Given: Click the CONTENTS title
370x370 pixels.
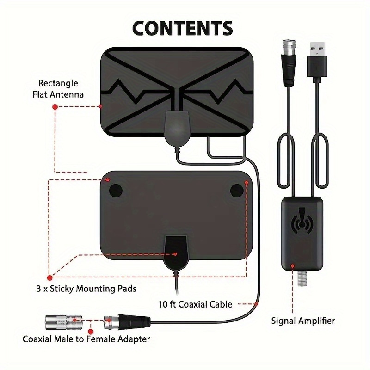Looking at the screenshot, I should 183,28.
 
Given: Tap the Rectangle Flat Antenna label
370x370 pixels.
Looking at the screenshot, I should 58,89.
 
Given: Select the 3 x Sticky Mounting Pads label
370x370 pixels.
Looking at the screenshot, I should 86,289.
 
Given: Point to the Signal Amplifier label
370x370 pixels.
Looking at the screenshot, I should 303,320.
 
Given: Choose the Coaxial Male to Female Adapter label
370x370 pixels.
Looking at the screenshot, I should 86,339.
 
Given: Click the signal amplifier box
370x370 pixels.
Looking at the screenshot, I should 302,234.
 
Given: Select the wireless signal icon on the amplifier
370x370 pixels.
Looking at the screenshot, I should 303,222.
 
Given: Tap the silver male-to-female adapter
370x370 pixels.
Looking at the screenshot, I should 63,320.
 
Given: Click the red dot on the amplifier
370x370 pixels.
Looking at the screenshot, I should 292,266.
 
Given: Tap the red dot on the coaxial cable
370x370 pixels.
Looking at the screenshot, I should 256,303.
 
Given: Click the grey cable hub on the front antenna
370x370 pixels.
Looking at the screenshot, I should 177,127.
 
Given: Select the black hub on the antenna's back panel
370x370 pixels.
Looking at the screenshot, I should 176,252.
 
